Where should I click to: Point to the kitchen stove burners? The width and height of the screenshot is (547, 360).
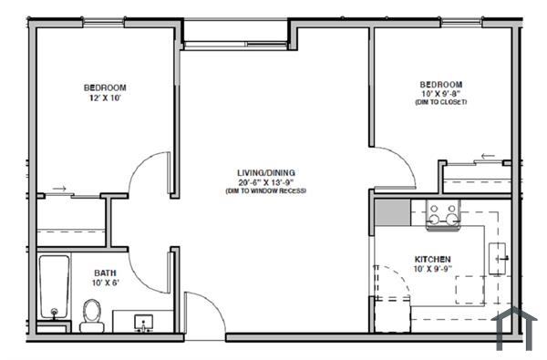pos(443,214)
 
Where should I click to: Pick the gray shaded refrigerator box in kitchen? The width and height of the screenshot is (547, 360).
pos(392,216)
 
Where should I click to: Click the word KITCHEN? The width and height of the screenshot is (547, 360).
pos(433,259)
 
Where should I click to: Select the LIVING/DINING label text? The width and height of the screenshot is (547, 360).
pos(266,172)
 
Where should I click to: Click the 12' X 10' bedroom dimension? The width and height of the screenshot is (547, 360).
pos(105,98)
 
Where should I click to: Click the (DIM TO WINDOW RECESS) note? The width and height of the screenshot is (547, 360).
pos(266,191)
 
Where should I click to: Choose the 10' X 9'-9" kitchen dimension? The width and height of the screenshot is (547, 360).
pos(433,269)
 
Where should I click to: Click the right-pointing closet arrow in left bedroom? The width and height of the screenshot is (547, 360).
pos(60,190)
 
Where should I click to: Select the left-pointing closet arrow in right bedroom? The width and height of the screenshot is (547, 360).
pos(490,156)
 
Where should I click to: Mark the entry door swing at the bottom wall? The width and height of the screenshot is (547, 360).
pos(205,314)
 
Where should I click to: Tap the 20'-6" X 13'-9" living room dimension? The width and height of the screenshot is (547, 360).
pos(266,182)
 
